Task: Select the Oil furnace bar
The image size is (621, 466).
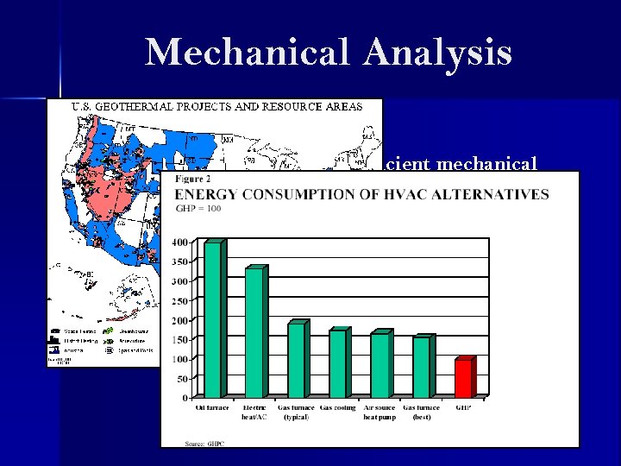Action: [x=213, y=319]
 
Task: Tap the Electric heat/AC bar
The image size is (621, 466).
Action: [x=254, y=332]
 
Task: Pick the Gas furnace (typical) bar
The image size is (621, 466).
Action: [x=296, y=360]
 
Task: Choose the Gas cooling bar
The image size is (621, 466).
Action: [x=337, y=363]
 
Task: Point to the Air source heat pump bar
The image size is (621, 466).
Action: [x=379, y=365]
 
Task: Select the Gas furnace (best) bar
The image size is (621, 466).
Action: [x=421, y=367]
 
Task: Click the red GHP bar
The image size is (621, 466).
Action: [x=463, y=378]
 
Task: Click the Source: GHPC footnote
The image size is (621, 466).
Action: [x=205, y=443]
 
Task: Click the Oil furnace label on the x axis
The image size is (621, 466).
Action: [x=212, y=407]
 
